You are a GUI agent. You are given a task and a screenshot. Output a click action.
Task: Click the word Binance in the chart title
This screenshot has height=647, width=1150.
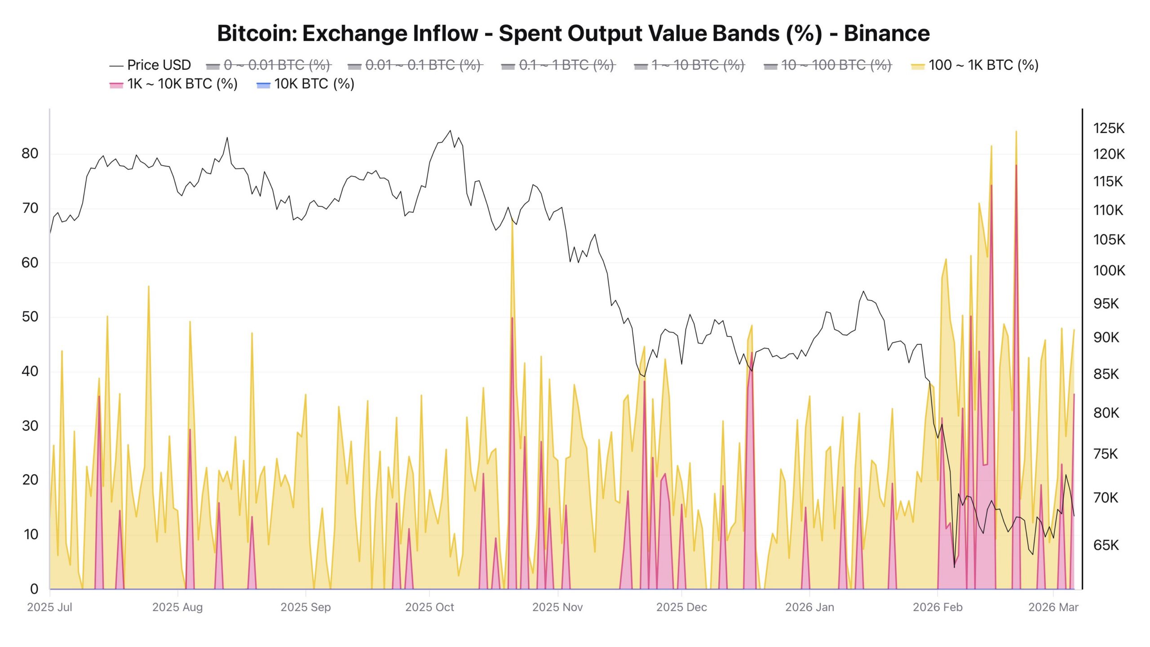(886, 34)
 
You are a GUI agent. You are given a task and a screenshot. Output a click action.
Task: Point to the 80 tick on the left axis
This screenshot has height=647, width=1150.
(30, 154)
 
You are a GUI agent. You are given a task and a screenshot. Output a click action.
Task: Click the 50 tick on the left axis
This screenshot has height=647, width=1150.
(30, 317)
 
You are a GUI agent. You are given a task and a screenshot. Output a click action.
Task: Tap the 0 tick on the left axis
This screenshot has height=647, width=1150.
(34, 589)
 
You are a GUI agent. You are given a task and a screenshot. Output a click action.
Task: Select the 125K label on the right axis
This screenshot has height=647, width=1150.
(1109, 129)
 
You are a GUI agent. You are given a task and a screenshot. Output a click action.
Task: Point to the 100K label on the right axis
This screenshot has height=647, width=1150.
(1109, 270)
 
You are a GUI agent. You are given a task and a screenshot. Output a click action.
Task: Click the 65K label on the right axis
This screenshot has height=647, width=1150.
(1106, 545)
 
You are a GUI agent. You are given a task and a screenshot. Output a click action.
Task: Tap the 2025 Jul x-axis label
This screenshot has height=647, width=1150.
(49, 607)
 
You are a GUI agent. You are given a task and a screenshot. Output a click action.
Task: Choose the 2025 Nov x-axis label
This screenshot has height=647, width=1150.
(557, 607)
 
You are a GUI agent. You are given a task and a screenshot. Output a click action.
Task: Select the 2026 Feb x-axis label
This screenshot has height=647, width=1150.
(938, 607)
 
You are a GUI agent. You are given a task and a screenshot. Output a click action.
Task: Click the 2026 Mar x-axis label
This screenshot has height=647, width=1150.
(1053, 607)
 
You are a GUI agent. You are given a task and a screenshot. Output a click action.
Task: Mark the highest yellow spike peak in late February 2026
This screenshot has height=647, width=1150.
(1016, 132)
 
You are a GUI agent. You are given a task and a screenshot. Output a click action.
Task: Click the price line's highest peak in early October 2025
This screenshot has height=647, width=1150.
(450, 131)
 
